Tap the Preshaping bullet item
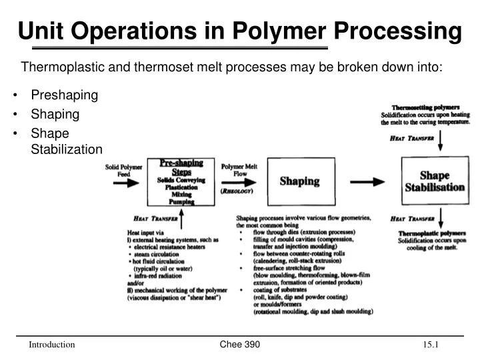[x=64, y=95]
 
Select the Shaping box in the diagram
[x=299, y=181]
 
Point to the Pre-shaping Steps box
[x=181, y=181]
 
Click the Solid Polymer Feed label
[x=123, y=171]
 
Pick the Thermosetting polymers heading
[x=425, y=107]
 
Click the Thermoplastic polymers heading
[x=431, y=233]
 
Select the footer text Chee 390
[x=239, y=344]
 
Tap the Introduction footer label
[x=51, y=345]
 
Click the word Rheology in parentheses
[x=241, y=190]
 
